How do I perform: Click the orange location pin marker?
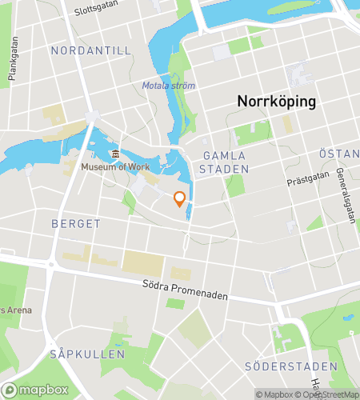point(180,198)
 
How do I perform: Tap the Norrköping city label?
point(276,102)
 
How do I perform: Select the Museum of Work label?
point(114,166)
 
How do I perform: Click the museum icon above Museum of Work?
point(115,154)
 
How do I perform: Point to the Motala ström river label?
point(168,86)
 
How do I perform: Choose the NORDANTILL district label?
point(90,50)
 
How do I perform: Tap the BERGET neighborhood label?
point(76,224)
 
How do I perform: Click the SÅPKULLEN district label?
point(86,353)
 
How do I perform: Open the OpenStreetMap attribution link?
point(330,394)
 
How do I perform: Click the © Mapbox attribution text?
point(274,394)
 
